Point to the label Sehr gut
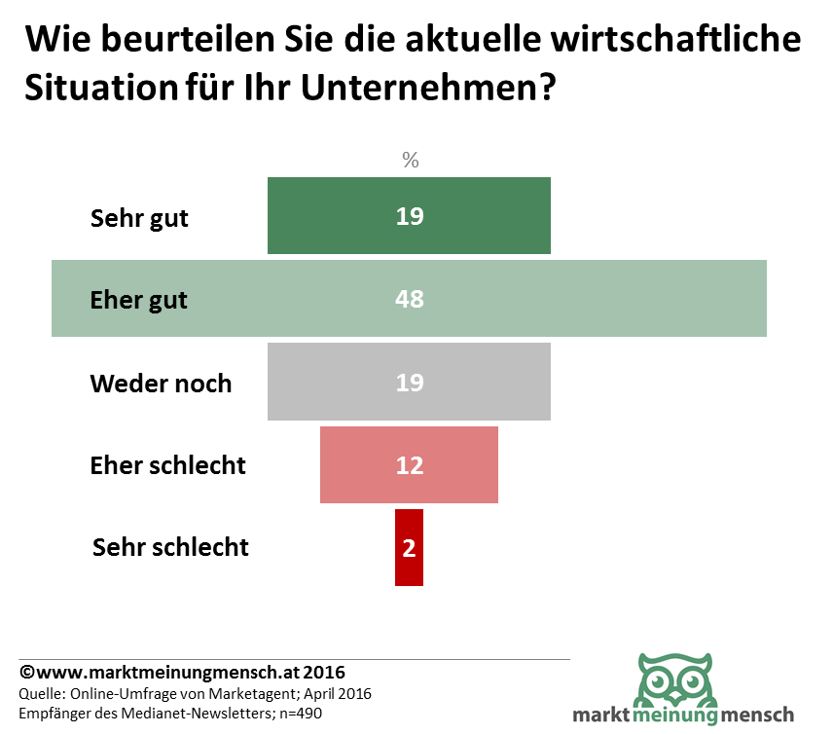[139, 217]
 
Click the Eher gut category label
[138, 300]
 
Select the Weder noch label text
[161, 383]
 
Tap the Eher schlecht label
[167, 465]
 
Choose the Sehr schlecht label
[170, 547]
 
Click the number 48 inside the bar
[410, 299]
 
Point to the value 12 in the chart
[410, 465]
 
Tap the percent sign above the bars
[411, 160]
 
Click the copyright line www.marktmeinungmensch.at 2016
[183, 673]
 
